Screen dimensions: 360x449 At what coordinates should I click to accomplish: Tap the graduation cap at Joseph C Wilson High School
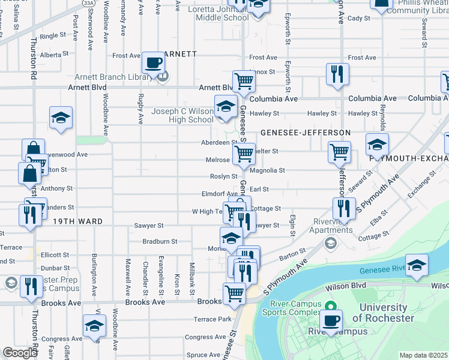[x=226, y=107]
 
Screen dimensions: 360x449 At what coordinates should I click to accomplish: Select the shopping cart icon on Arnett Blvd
[x=244, y=81]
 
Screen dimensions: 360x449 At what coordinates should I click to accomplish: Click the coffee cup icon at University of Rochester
[x=331, y=320]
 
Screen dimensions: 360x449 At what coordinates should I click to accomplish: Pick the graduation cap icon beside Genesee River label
[x=417, y=266]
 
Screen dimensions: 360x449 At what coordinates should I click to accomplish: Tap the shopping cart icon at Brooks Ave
[x=234, y=294]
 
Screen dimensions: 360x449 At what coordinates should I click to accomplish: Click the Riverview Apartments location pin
[x=330, y=244]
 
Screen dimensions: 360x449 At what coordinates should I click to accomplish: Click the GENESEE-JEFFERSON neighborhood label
[x=305, y=132]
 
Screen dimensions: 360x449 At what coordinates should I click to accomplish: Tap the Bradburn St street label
[x=160, y=242]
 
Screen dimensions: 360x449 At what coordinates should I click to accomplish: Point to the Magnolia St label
[x=267, y=170]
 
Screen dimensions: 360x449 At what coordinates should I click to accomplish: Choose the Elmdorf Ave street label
[x=220, y=194]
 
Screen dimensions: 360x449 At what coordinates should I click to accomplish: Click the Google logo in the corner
[x=20, y=352]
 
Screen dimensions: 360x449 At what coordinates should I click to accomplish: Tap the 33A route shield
[x=88, y=3]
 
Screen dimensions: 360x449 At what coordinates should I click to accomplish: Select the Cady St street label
[x=359, y=19]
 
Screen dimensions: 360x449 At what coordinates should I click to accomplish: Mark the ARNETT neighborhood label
[x=178, y=54]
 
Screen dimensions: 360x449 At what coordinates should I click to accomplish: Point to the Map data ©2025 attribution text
[x=423, y=355]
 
